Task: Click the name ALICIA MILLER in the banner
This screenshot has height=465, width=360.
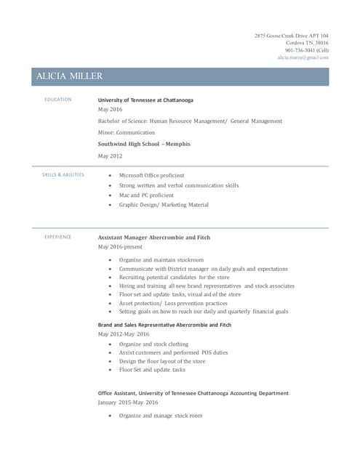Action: coord(70,76)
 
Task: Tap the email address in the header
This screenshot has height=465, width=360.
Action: coord(303,57)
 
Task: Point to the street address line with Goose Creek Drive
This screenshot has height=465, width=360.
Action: coord(292,36)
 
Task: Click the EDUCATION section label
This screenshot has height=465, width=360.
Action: coord(58,100)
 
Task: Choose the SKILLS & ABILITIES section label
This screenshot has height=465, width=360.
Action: coord(64,174)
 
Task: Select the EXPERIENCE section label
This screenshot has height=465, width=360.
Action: coord(58,237)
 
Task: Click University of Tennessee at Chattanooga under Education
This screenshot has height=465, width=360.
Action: coord(145,100)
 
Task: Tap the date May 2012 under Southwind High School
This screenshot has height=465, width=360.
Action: coord(111,155)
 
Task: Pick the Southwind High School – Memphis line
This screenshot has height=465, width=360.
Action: coord(144,144)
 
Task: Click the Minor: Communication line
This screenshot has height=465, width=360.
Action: coord(127,133)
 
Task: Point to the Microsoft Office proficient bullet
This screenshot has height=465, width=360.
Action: coord(151,175)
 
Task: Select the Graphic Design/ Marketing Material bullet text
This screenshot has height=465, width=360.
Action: coord(164,205)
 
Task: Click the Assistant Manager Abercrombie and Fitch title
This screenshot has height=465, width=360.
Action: coord(154,237)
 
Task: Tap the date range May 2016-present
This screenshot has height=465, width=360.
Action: coord(120,247)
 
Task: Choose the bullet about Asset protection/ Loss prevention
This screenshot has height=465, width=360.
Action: coord(173,303)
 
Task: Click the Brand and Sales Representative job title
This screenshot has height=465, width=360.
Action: coord(164,325)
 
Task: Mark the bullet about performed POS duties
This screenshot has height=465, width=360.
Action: coord(173,352)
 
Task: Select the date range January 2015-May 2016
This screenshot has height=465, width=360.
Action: coord(128,402)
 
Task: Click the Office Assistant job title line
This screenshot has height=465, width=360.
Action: coord(193,393)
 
